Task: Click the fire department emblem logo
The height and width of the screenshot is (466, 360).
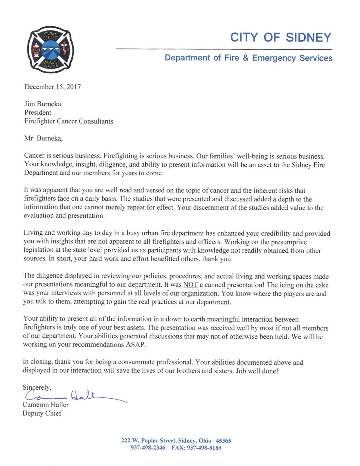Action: [50, 50]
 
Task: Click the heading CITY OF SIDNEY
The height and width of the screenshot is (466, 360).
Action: [280, 37]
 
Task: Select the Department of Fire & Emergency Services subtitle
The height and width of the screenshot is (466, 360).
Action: [248, 58]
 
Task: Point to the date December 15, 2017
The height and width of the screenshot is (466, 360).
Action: [53, 87]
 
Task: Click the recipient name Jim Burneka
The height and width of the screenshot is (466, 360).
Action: [43, 104]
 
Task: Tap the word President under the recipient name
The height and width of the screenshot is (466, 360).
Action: [38, 112]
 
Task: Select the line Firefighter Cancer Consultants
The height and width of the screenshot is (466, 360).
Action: [69, 121]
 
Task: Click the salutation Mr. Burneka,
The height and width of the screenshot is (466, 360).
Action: [44, 138]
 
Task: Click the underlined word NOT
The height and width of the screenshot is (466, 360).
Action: [190, 285]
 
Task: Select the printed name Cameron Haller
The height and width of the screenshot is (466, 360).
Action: [46, 405]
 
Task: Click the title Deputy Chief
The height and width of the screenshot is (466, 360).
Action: [42, 413]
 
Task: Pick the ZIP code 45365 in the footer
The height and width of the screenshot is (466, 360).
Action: [223, 441]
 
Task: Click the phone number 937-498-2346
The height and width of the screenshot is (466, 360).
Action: [148, 448]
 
